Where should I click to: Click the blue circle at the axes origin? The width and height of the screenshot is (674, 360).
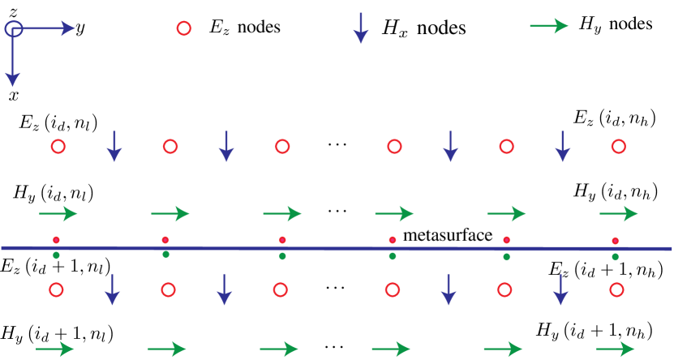click(x=13, y=29)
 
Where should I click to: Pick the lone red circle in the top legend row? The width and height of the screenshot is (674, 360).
click(x=184, y=28)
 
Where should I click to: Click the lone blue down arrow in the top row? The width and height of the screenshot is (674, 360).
click(x=361, y=28)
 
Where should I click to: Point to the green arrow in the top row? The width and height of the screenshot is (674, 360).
click(x=549, y=26)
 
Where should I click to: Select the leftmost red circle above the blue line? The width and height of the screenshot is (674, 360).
click(x=58, y=147)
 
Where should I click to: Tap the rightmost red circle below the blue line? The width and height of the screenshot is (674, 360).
click(x=616, y=289)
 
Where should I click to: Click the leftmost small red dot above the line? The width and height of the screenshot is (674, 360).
click(x=56, y=240)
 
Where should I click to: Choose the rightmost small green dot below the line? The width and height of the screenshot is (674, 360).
click(x=615, y=257)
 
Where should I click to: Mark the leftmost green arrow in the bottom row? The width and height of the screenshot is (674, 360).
click(x=55, y=349)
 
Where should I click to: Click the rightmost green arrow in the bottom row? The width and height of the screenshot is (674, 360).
click(x=615, y=349)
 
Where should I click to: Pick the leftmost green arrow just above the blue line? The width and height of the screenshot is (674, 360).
click(x=58, y=214)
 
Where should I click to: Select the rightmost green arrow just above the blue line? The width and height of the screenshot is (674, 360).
click(x=619, y=214)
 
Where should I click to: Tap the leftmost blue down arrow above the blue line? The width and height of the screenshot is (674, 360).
click(x=114, y=146)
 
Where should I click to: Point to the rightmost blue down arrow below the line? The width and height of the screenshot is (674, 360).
click(x=560, y=289)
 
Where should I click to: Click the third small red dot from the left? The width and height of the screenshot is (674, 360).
click(x=282, y=240)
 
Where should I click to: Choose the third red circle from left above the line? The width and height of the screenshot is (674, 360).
click(x=282, y=147)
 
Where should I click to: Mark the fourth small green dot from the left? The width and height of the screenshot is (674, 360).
click(x=393, y=256)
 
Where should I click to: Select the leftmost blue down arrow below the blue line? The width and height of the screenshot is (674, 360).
click(x=113, y=289)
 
